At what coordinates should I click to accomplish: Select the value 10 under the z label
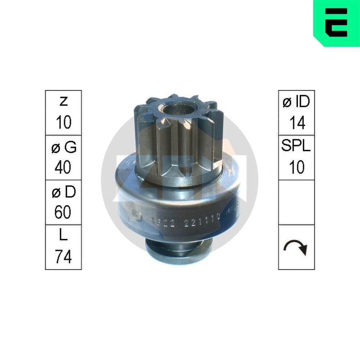(63, 123)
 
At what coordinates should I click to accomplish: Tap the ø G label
(64, 147)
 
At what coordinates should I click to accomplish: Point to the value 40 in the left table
(63, 167)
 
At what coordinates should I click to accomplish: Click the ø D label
(63, 193)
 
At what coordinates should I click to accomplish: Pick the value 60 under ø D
(63, 212)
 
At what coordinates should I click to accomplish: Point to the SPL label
(296, 147)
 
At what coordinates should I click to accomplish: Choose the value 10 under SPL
(297, 167)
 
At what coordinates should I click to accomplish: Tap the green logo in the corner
(336, 23)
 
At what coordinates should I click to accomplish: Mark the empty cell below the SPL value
(296, 202)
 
